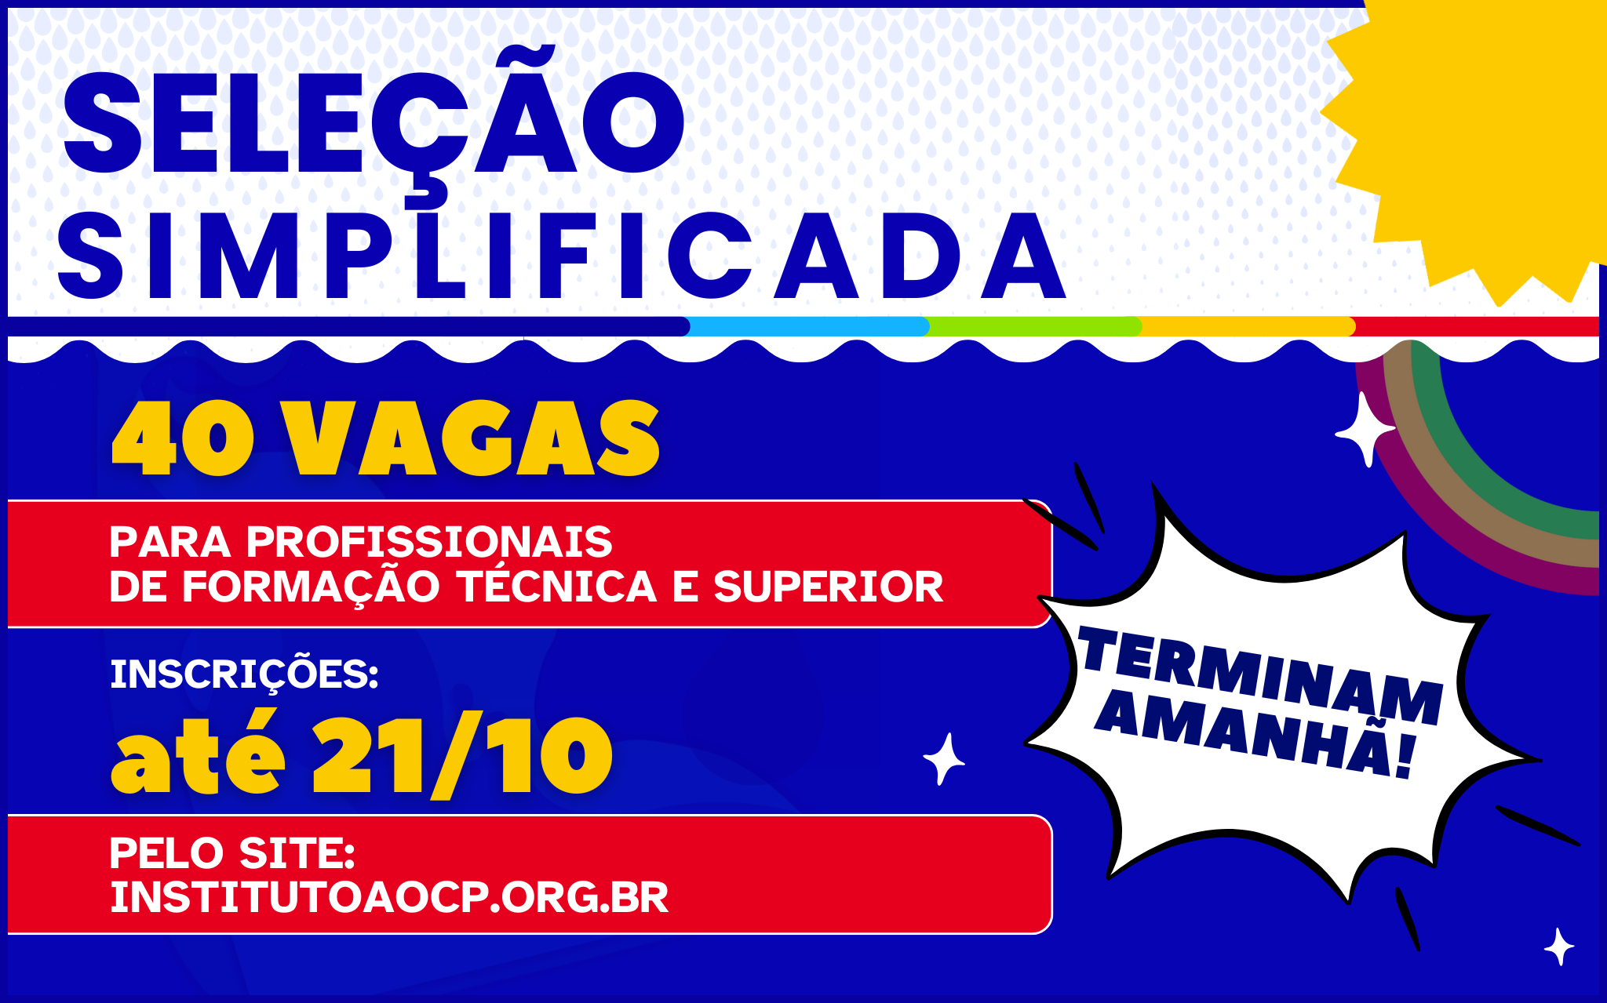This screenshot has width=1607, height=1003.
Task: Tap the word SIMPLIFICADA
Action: [562, 256]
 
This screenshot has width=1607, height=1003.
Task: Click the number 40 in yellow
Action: [183, 438]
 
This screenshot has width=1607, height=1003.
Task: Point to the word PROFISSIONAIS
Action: [429, 542]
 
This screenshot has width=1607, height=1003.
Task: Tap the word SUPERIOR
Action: [828, 587]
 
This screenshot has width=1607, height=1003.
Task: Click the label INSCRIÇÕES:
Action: [244, 674]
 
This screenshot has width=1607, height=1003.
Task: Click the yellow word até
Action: [199, 753]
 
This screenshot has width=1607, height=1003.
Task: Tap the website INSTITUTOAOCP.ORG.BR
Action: [389, 898]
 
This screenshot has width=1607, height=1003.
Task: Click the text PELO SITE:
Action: [232, 853]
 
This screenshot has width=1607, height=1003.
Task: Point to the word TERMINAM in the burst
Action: [1260, 675]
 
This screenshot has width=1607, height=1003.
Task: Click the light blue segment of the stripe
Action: [806, 327]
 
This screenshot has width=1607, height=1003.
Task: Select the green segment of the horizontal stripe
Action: [1033, 327]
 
